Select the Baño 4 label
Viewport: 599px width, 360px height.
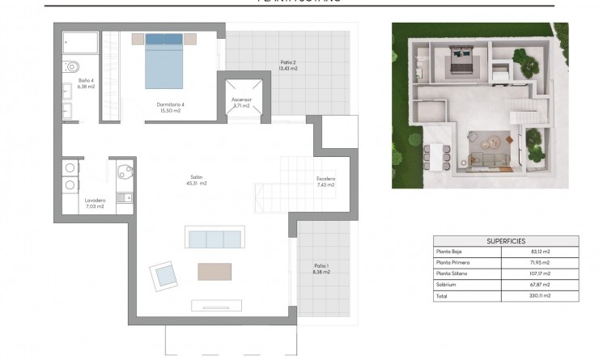pyautogui.click(x=87, y=83)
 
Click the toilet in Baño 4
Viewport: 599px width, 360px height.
pyautogui.click(x=72, y=66)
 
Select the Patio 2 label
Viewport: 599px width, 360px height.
pyautogui.click(x=287, y=66)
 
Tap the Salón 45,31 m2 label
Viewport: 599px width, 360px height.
pyautogui.click(x=198, y=180)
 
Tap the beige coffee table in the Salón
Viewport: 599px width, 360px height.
pyautogui.click(x=215, y=271)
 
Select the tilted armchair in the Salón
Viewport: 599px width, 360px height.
pyautogui.click(x=164, y=276)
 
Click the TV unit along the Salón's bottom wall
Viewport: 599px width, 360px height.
pyautogui.click(x=216, y=305)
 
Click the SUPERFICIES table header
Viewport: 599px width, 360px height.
pyautogui.click(x=507, y=240)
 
